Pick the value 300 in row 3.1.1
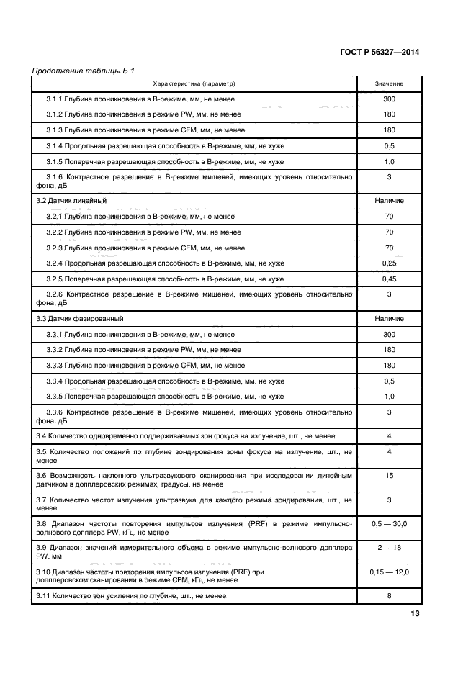pos(389,99)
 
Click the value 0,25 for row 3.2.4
pos(389,263)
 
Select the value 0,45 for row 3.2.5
pos(389,279)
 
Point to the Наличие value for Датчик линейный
pos(389,200)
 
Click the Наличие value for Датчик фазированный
pos(389,318)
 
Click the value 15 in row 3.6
pos(389,476)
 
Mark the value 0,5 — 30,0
pos(389,524)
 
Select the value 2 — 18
pos(389,548)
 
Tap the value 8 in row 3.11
pos(389,595)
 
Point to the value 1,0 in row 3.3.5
pos(389,397)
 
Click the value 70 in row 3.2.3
pos(389,248)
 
